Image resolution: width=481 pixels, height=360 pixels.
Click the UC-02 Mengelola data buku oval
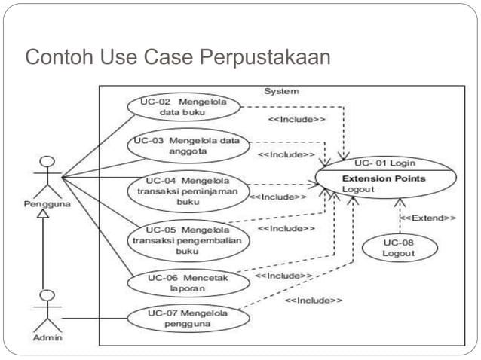click(x=182, y=106)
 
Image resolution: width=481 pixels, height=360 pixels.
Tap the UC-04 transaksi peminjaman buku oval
click(x=188, y=191)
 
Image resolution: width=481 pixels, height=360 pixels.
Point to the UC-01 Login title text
click(x=384, y=163)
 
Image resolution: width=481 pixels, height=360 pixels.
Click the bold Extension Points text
click(x=384, y=178)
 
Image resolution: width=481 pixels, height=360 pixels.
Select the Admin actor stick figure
click(x=47, y=309)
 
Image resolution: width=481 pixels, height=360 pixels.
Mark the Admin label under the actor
click(x=47, y=337)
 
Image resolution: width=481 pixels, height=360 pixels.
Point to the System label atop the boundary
click(x=281, y=91)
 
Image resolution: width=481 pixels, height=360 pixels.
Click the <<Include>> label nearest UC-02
click(x=297, y=119)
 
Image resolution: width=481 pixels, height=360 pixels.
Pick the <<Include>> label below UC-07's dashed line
click(x=314, y=301)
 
